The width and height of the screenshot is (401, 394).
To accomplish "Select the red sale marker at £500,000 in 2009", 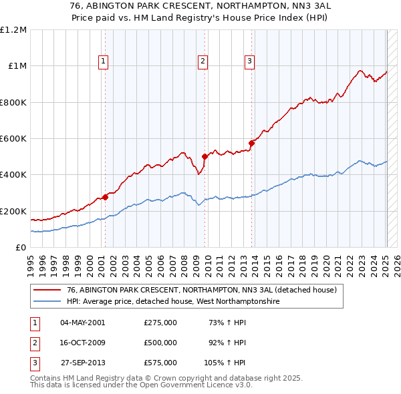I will point(205,157).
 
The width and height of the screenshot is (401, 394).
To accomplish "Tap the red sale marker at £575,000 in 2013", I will point(251,143).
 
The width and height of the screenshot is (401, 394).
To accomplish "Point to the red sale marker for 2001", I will point(105,198).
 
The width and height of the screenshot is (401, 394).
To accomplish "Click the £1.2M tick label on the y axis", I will point(14,30).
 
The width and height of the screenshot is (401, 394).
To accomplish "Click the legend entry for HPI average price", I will point(172,302).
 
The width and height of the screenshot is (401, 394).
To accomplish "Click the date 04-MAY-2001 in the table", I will point(83,323).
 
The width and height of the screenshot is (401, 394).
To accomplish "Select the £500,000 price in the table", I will point(160,343).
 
